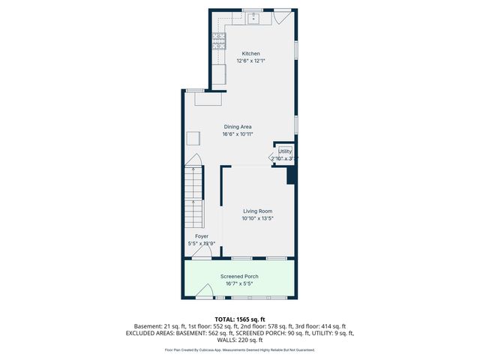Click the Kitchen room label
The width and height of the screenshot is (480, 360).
pyautogui.click(x=250, y=54)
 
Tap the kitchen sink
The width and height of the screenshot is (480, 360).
pyautogui.click(x=255, y=16)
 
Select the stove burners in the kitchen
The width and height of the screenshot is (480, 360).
pyautogui.click(x=218, y=41)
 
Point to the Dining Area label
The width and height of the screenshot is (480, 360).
pyautogui.click(x=237, y=127)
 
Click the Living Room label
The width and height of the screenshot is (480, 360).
pyautogui.click(x=256, y=211)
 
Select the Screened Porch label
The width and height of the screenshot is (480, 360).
pyautogui.click(x=239, y=277)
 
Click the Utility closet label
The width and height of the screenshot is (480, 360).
pyautogui.click(x=285, y=151)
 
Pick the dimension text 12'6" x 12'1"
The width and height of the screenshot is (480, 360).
pyautogui.click(x=250, y=61)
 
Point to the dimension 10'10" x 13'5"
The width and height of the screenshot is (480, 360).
pyautogui.click(x=256, y=219)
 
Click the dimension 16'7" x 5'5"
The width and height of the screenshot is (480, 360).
pyautogui.click(x=239, y=283)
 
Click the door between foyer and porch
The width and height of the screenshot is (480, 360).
pyautogui.click(x=201, y=253)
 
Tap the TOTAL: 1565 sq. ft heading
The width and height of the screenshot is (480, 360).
pyautogui.click(x=239, y=319)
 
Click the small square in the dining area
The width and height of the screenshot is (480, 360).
pyautogui.click(x=193, y=137)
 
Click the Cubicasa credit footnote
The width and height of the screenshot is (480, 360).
pyautogui.click(x=239, y=349)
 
